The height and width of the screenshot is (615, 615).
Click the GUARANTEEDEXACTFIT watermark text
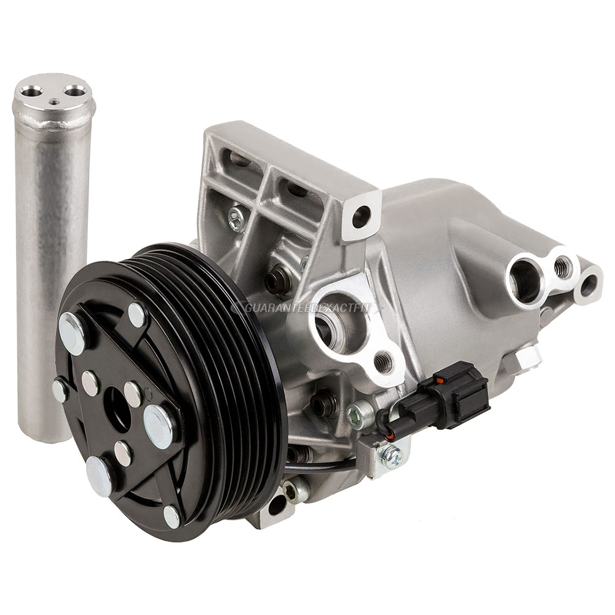306,307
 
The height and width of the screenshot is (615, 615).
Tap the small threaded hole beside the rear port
562,266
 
